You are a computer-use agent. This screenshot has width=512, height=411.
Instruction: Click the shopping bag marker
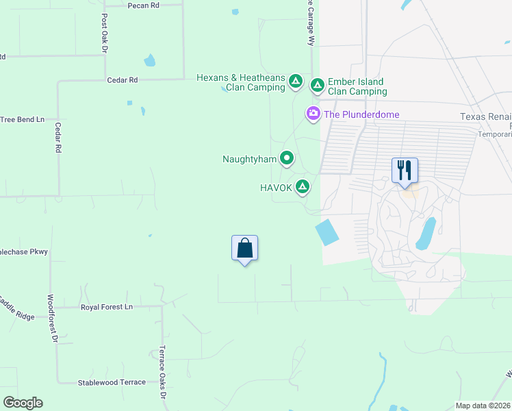pos(245,249)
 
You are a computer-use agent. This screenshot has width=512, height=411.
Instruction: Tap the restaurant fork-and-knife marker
pos(405,170)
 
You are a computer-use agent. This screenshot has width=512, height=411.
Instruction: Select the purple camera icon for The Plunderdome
pos(313,114)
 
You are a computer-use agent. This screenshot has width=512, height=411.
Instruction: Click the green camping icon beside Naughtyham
pos(287,159)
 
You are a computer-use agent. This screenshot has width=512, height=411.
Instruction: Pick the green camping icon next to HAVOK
pos(303,187)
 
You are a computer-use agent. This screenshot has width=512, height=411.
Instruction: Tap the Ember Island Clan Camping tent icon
pos(318,86)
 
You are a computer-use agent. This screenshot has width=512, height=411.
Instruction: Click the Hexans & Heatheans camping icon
pos(296,82)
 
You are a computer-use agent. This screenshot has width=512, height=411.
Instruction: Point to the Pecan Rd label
pos(144,5)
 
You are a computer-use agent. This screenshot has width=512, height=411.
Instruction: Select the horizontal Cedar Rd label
pos(123,80)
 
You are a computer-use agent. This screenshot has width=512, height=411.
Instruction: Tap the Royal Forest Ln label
pos(107,307)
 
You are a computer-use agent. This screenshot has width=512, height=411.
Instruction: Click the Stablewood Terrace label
pos(112,382)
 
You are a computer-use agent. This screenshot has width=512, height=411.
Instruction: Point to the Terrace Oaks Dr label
pos(163,374)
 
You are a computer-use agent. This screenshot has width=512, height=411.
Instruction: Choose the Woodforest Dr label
pos(51,319)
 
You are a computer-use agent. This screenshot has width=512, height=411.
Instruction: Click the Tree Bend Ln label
pos(22,119)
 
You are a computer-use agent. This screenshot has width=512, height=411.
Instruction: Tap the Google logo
pos(23,403)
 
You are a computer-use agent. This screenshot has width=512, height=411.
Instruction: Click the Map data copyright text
pos(483,406)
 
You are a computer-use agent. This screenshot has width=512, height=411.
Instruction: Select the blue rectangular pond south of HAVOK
pos(327,232)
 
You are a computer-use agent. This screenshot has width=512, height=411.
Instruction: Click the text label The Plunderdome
pos(361,114)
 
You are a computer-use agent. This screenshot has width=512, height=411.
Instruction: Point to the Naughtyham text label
pos(249,159)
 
